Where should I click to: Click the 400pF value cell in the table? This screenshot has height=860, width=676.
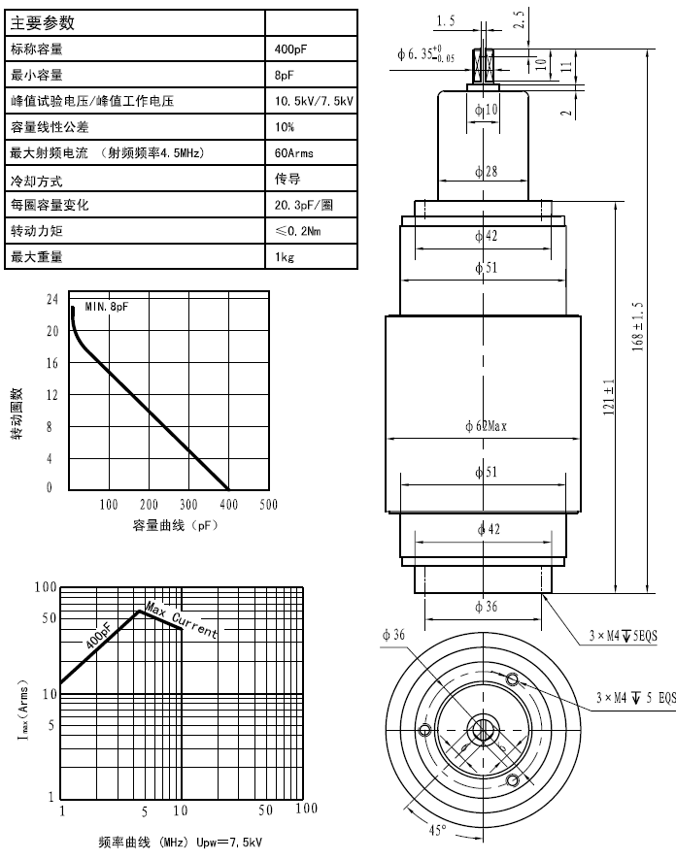[291, 48]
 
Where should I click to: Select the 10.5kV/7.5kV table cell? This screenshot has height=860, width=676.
[315, 100]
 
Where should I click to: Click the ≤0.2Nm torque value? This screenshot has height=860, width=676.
[298, 231]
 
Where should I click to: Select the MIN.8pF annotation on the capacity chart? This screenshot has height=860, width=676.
[106, 307]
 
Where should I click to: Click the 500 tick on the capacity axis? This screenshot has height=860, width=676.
[267, 505]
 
